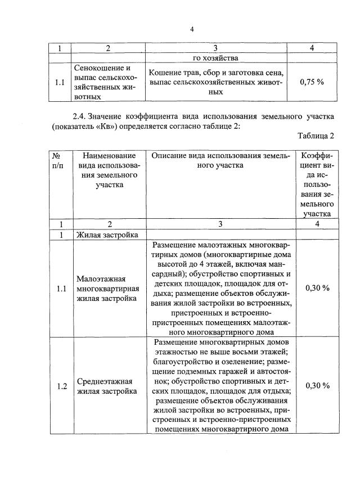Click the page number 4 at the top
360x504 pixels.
point(191,30)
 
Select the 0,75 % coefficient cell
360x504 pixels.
point(312,82)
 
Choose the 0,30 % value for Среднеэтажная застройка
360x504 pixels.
point(317,386)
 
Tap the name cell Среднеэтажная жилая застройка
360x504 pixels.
point(107,386)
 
